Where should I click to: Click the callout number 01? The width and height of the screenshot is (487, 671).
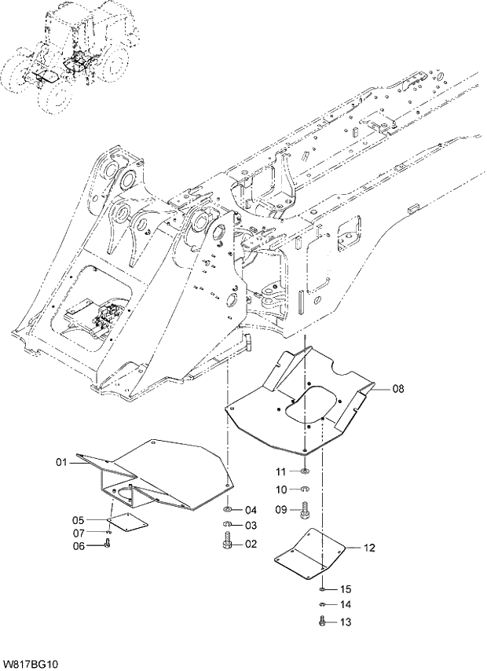click(62, 463)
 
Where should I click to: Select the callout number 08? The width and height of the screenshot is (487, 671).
click(398, 388)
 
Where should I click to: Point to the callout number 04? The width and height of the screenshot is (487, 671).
click(251, 509)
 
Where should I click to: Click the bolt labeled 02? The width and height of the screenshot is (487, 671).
click(228, 541)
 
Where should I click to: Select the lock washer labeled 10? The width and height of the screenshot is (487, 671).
click(305, 490)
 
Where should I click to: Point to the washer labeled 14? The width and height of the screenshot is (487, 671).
click(323, 604)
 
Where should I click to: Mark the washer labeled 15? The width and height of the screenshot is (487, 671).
click(323, 588)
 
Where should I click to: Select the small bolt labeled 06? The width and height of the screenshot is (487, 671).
click(107, 544)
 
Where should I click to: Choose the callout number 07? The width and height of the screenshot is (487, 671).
click(79, 533)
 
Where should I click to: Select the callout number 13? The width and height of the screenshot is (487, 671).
click(346, 621)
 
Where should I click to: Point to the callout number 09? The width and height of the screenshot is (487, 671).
click(280, 509)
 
